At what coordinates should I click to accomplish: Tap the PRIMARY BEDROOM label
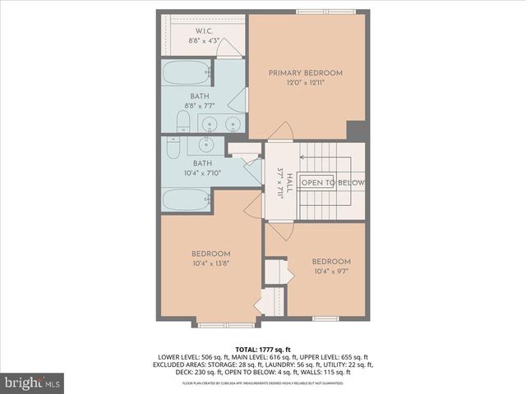(306, 73)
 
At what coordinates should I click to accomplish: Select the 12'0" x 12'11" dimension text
(306, 83)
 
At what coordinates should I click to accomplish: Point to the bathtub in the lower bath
(187, 199)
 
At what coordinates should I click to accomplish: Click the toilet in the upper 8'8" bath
(183, 124)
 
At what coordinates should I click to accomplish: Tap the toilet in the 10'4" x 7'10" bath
(173, 148)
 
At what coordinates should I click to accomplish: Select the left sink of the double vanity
(211, 125)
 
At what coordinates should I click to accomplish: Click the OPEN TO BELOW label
(332, 182)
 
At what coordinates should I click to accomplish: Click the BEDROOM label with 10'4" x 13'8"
(210, 254)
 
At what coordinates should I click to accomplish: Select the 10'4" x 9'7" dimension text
(331, 271)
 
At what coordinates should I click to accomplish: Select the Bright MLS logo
(33, 383)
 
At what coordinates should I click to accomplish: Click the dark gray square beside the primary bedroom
(356, 131)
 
